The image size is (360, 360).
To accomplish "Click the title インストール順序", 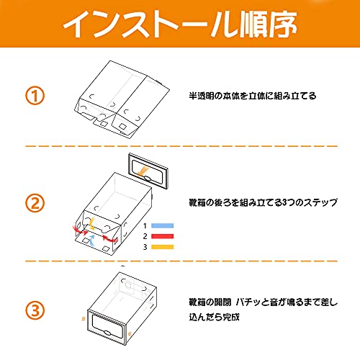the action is (180, 24).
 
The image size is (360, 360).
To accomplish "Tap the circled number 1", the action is (35, 96).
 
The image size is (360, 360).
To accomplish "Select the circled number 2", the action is (35, 203).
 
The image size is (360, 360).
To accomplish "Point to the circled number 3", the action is (35, 310).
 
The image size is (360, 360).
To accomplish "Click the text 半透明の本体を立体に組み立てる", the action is (253, 96).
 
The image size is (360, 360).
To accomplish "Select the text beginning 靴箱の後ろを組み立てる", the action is (263, 203).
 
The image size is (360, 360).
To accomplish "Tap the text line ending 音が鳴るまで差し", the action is (263, 302).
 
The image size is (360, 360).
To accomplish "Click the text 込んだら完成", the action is (214, 317).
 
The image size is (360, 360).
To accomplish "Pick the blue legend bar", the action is (162, 225).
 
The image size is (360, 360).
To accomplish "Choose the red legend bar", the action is (162, 236).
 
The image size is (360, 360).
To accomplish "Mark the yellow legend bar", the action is (162, 247).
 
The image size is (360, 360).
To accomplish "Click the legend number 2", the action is (145, 236).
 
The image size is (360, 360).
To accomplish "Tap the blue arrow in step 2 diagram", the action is (91, 240).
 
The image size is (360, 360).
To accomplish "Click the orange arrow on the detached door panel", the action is (144, 171).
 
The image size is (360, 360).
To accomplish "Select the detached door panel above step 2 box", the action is (148, 171).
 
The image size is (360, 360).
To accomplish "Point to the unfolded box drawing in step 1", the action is (122, 99).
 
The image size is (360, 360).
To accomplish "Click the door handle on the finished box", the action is (107, 333).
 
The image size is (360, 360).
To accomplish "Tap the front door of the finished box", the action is (107, 328).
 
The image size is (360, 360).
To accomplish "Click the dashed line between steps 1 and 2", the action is (181, 146).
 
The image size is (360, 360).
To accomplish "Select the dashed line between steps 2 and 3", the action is (181, 261).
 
